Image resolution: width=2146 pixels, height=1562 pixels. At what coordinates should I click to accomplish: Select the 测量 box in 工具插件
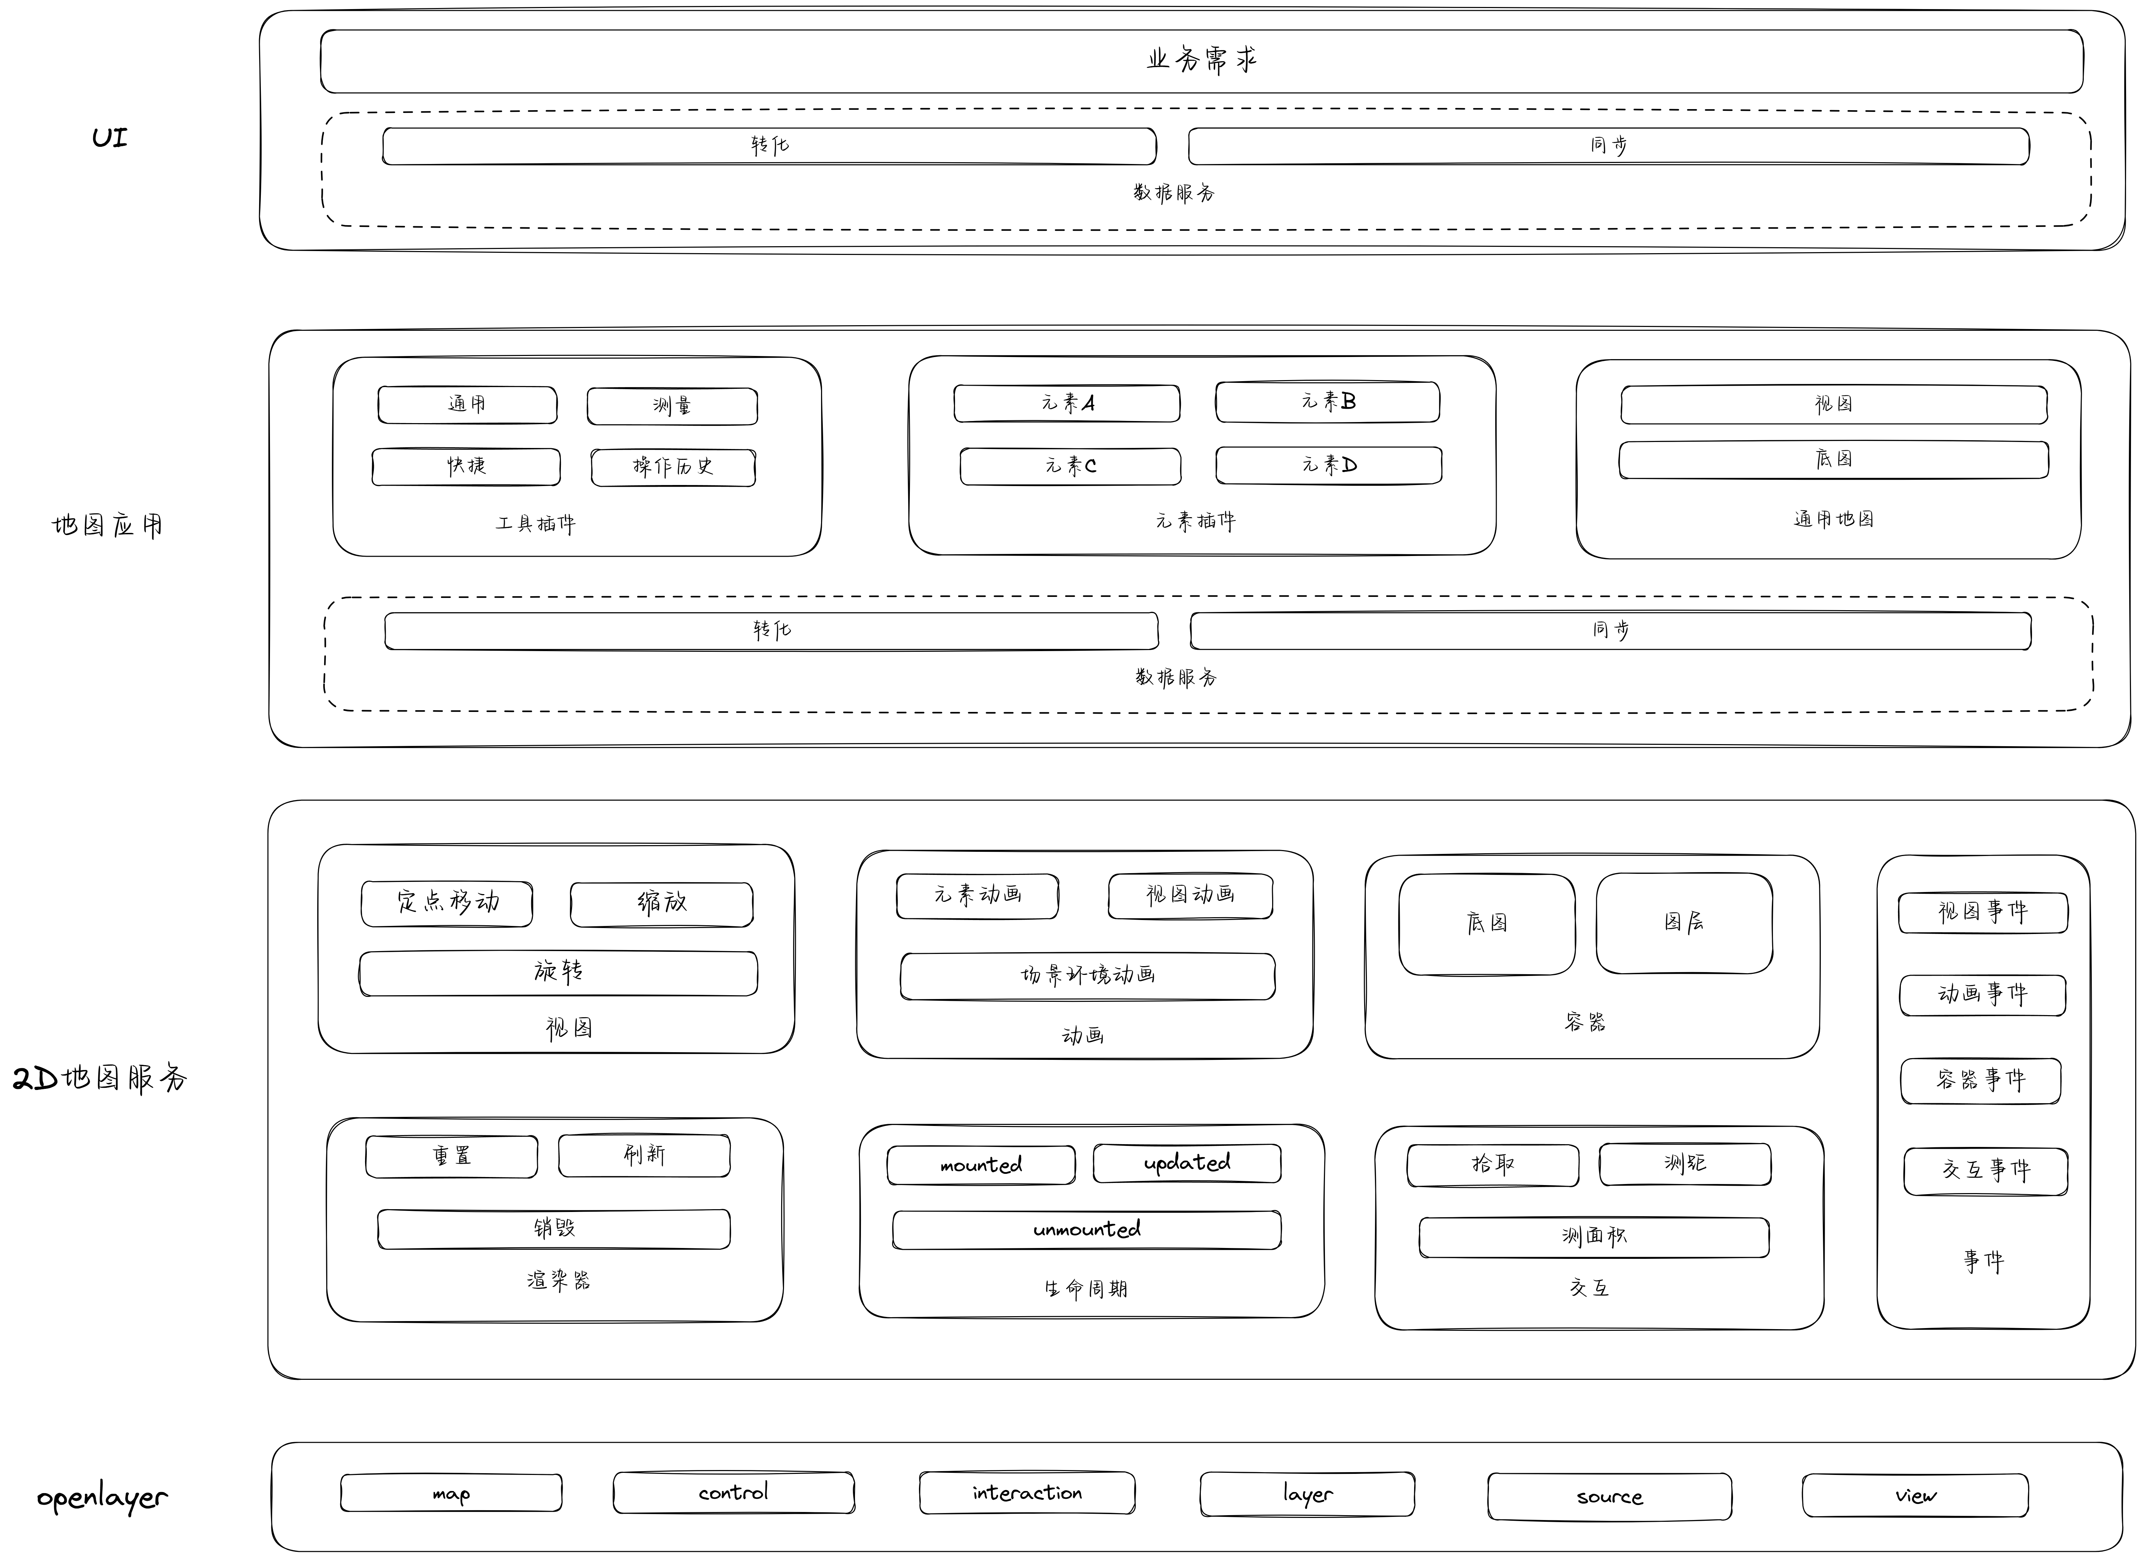pos(672,406)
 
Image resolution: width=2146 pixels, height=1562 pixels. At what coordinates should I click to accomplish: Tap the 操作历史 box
pos(673,468)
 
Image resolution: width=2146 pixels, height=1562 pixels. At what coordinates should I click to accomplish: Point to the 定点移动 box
pos(447,904)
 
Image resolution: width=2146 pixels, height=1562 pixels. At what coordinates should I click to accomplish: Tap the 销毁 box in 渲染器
pos(554,1229)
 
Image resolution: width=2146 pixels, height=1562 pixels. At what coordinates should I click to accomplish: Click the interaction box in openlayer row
pos(1027,1494)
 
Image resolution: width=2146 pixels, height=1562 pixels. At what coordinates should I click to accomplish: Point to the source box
pos(1610,1498)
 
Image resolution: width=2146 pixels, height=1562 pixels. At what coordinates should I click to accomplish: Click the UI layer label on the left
pos(110,138)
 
